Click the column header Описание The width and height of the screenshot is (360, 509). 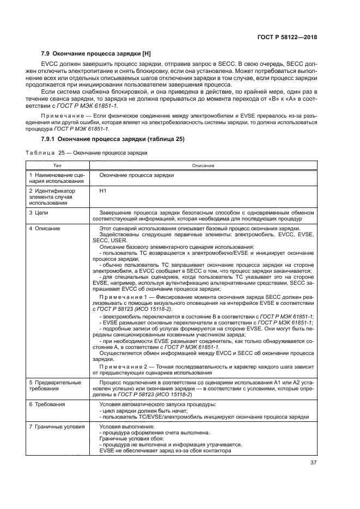pos(202,165)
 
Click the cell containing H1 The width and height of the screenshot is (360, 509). pos(103,191)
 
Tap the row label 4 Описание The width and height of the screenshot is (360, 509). pos(45,228)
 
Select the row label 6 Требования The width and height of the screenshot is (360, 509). pos(47,404)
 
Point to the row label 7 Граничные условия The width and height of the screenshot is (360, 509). pos(57,426)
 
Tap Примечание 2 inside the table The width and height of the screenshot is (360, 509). pos(126,367)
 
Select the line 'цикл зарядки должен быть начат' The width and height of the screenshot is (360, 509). pos(144,411)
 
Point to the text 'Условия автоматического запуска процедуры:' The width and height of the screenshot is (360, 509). pos(157,404)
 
